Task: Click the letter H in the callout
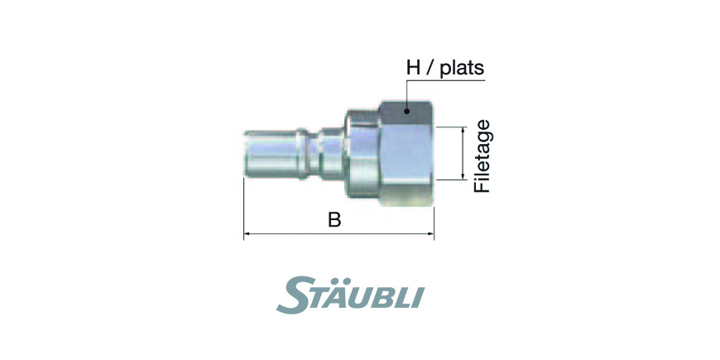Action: coord(412,69)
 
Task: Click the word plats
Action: coord(462,69)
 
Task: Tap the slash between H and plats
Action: coord(429,69)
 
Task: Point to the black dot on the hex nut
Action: coord(407,111)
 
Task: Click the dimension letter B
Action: coord(334,220)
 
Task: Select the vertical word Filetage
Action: coord(482,156)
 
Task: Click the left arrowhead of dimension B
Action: coord(247,233)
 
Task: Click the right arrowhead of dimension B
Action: coord(430,233)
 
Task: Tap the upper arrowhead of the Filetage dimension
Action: coord(463,130)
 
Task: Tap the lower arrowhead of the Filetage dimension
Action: coord(463,177)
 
